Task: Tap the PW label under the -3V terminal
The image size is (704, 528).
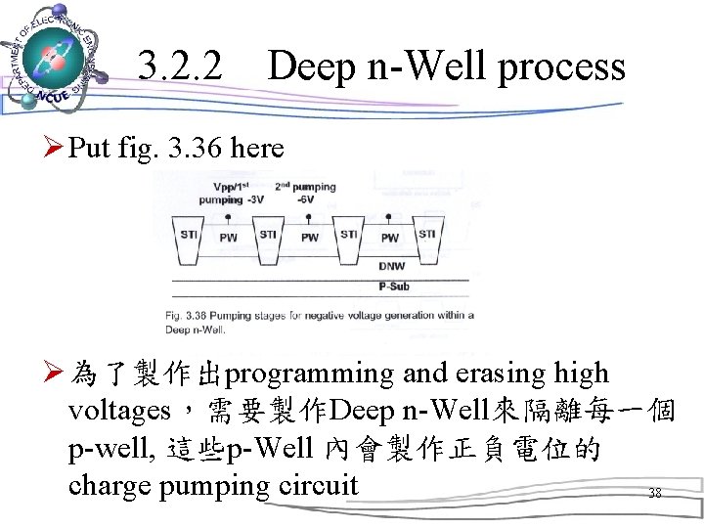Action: pos(228,238)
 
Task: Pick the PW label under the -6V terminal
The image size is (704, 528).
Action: pos(309,238)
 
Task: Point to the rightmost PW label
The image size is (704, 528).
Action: pos(389,238)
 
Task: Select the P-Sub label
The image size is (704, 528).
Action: pos(395,286)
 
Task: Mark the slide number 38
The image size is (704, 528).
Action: pos(654,494)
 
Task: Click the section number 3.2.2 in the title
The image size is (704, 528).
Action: pos(180,66)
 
